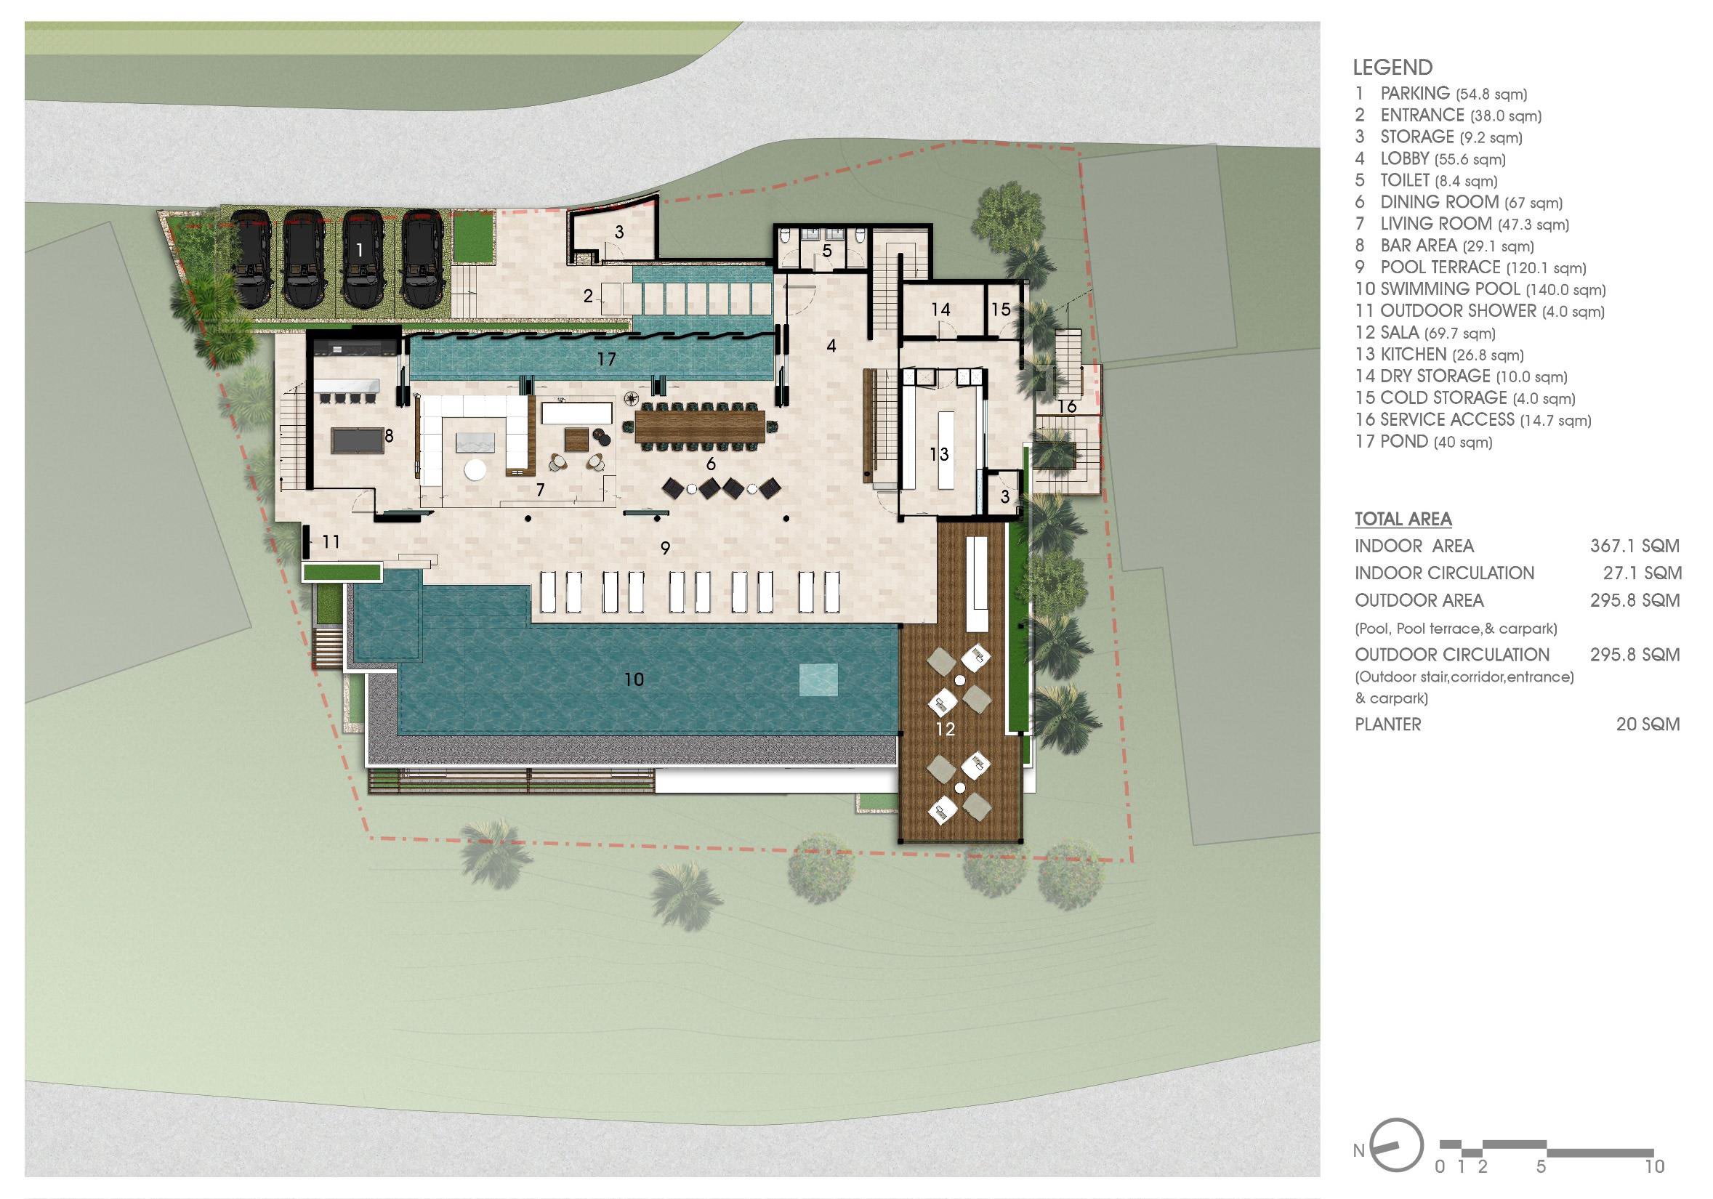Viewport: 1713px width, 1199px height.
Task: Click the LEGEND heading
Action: (x=1393, y=67)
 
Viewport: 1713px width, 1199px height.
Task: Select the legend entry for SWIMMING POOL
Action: (x=1480, y=289)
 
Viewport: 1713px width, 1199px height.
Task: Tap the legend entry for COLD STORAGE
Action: (x=1465, y=398)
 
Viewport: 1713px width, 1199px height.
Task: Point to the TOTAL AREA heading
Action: (x=1403, y=520)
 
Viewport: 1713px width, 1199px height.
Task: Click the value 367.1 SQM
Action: (x=1635, y=546)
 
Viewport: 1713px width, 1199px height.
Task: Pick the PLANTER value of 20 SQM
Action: (x=1648, y=724)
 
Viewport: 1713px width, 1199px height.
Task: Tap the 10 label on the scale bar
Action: (x=1654, y=1166)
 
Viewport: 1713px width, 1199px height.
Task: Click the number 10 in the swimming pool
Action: (x=634, y=679)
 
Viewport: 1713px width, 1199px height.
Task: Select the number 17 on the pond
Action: (x=606, y=360)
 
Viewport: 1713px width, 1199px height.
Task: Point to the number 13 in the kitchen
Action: (x=938, y=453)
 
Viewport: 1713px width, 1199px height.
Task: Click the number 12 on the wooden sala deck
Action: (x=946, y=729)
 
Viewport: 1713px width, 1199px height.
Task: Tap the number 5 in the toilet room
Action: (x=826, y=251)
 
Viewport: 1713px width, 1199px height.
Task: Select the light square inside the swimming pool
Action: (x=818, y=679)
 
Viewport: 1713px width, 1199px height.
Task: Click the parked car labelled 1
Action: (x=363, y=258)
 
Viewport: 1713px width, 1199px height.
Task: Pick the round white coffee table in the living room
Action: (x=475, y=471)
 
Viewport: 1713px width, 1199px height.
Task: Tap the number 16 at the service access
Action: (x=1067, y=407)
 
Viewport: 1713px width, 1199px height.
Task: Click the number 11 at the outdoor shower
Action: (x=331, y=541)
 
